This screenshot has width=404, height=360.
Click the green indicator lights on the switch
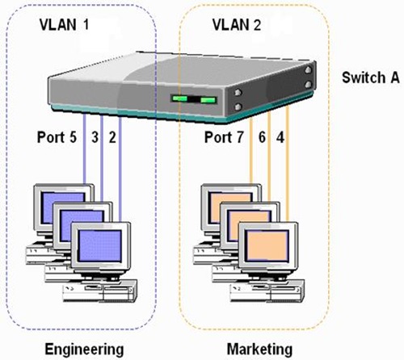tap(194, 101)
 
